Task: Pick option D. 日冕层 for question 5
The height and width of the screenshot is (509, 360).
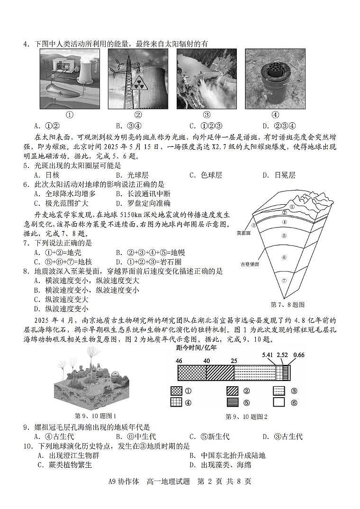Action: click(279, 175)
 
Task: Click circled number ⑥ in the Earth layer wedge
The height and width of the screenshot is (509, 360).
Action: click(284, 257)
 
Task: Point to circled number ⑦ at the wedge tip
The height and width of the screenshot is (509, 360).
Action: click(284, 281)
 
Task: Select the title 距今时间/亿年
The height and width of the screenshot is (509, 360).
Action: click(196, 347)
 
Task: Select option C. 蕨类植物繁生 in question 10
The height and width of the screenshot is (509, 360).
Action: click(64, 465)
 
